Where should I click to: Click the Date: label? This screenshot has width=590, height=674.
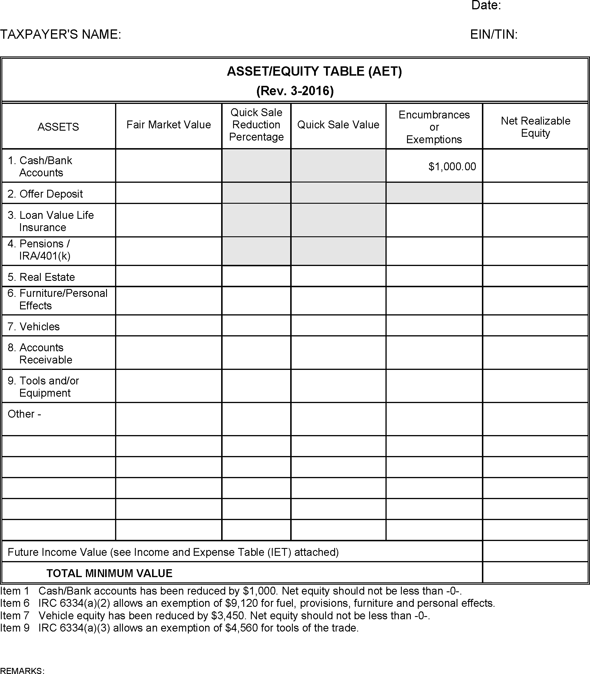(x=486, y=6)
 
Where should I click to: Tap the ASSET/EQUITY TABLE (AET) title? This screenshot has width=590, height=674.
(x=314, y=71)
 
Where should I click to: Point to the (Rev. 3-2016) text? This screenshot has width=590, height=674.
(x=295, y=91)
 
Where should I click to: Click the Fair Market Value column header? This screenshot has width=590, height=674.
(x=169, y=125)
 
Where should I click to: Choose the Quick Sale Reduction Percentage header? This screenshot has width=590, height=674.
(x=256, y=125)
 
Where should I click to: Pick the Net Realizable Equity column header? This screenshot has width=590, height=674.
(x=535, y=127)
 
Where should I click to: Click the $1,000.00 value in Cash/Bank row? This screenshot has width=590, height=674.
(x=452, y=167)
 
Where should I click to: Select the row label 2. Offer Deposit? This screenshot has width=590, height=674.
(x=45, y=194)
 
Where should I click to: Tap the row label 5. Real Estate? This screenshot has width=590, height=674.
(x=41, y=277)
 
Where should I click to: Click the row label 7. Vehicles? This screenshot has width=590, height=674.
(x=34, y=327)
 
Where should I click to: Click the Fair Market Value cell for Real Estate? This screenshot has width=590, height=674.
(x=169, y=276)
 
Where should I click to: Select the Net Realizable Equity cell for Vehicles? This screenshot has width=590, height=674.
(x=535, y=325)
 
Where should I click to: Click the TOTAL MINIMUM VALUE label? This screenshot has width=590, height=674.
(x=109, y=573)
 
